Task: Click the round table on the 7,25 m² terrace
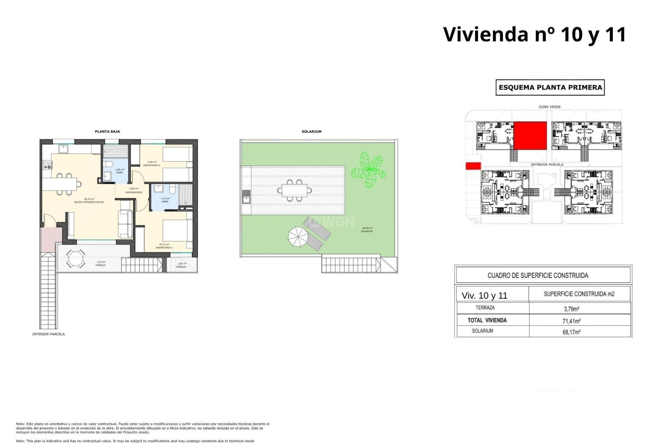[76, 259]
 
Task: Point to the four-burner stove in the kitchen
[47, 165]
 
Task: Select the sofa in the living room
[125, 224]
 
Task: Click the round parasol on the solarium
[298, 237]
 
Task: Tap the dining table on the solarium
[294, 190]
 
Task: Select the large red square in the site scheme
[530, 136]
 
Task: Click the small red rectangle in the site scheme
[473, 166]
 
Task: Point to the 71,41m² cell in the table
[571, 321]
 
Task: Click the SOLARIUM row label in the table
[482, 331]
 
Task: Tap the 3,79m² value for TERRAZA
[571, 309]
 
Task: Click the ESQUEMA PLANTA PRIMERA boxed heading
[550, 88]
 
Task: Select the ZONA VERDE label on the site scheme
[549, 107]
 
